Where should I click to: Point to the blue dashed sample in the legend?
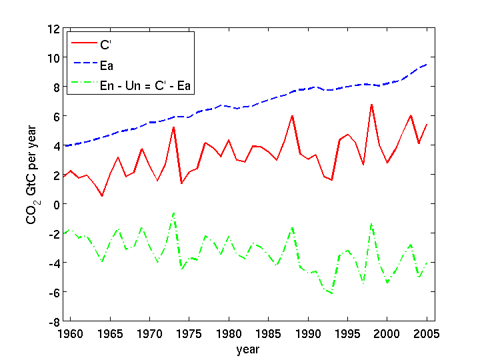coord(87,65)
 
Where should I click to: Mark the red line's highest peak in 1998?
coord(371,104)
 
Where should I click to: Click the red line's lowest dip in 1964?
coord(102,195)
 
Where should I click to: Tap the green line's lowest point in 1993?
coord(331,293)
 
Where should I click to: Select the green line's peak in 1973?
coord(173,213)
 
